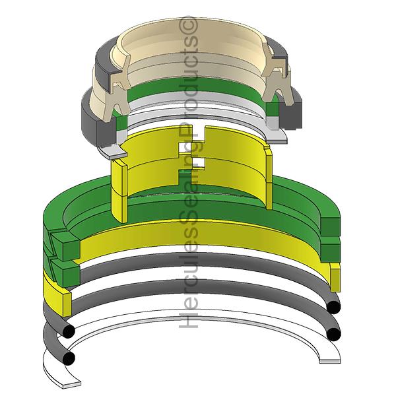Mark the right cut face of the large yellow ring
point(334,277)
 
